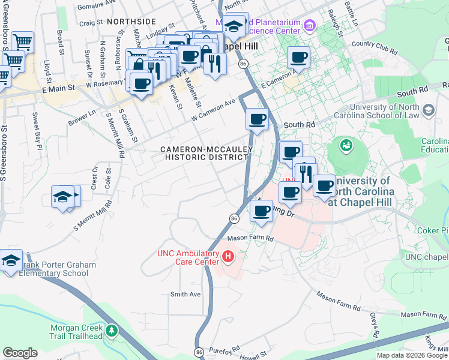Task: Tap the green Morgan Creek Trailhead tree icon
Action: pyautogui.click(x=110, y=330)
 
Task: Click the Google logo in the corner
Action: pyautogui.click(x=20, y=353)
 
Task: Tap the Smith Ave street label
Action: pyautogui.click(x=185, y=294)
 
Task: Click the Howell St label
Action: pyautogui.click(x=254, y=356)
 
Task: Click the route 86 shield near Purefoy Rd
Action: pyautogui.click(x=199, y=351)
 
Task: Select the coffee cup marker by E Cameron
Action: pyautogui.click(x=298, y=59)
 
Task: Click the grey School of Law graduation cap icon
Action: pyautogui.click(x=428, y=110)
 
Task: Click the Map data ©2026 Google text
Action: pyautogui.click(x=412, y=355)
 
